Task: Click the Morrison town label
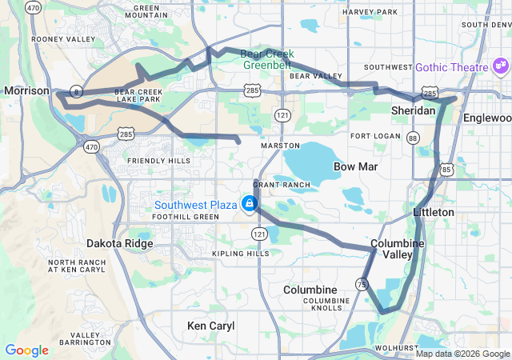pyautogui.click(x=27, y=91)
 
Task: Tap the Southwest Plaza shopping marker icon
pyautogui.click(x=250, y=204)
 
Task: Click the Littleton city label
pyautogui.click(x=434, y=212)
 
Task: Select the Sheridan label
pyautogui.click(x=413, y=110)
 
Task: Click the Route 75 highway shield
pyautogui.click(x=362, y=284)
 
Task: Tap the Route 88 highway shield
pyautogui.click(x=413, y=138)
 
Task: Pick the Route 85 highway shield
pyautogui.click(x=446, y=170)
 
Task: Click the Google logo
pyautogui.click(x=26, y=350)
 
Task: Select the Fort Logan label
pyautogui.click(x=374, y=136)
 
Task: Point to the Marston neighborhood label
pyautogui.click(x=280, y=146)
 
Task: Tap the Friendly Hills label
pyautogui.click(x=158, y=161)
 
